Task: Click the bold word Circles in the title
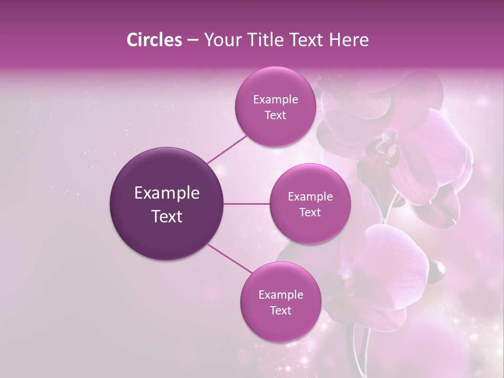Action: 154,40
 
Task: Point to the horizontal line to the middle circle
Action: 247,204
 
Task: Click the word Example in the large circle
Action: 167,193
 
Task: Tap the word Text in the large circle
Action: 167,216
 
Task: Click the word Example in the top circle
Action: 275,100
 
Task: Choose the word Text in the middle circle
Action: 310,212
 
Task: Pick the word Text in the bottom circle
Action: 280,310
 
